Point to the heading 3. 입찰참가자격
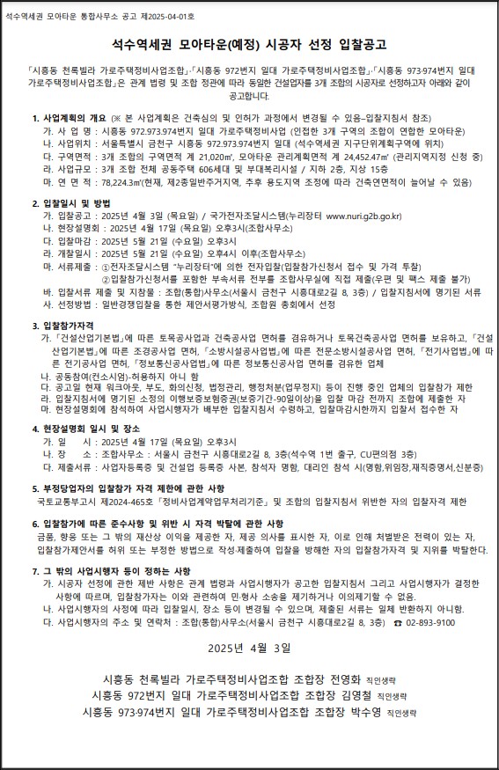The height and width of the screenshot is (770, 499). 69,324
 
